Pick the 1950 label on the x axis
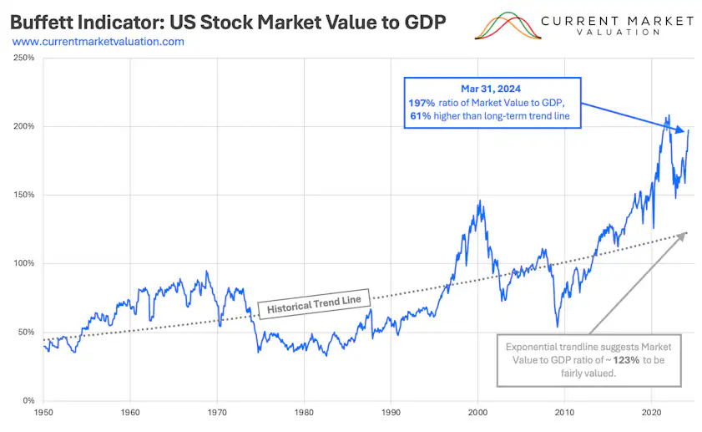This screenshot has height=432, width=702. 43,413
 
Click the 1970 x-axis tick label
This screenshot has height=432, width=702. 217,413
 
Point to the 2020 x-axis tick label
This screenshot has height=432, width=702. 652,413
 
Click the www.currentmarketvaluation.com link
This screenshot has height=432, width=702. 98,41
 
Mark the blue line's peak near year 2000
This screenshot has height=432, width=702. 479,201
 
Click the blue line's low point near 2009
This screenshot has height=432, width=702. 557,327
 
